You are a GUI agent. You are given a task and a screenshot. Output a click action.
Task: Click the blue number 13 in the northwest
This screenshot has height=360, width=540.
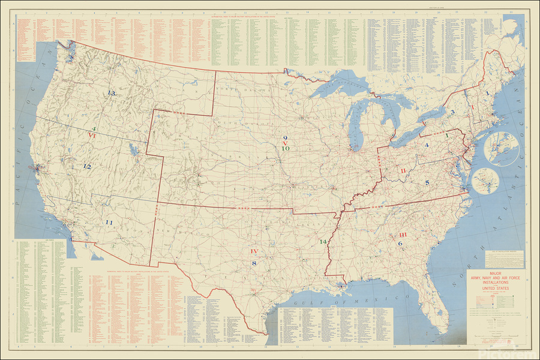pos(111,93)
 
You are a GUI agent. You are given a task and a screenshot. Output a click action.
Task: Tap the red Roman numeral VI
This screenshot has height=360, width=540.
pos(92,136)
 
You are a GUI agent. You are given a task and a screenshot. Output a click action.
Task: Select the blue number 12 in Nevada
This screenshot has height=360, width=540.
pos(87,166)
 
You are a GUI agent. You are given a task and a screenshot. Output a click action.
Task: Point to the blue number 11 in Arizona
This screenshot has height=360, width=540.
pos(109,223)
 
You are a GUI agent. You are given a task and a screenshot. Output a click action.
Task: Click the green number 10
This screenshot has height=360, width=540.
pos(286,148)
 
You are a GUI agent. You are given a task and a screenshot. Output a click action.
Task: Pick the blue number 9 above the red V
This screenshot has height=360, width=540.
pos(286,138)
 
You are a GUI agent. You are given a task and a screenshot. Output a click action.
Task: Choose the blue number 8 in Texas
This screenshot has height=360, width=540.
pos(254,263)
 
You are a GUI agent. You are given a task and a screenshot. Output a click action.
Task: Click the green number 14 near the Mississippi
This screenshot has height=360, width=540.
pos(323,241)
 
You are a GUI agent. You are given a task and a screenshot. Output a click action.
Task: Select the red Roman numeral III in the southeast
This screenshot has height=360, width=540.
pos(403,235)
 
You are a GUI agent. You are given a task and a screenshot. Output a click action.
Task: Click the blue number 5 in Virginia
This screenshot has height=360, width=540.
pos(427,182)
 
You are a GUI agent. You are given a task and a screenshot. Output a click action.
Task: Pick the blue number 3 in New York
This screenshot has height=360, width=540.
pos(453,112)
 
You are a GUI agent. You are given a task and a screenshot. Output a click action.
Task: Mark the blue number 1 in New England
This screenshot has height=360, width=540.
pos(487,94)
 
